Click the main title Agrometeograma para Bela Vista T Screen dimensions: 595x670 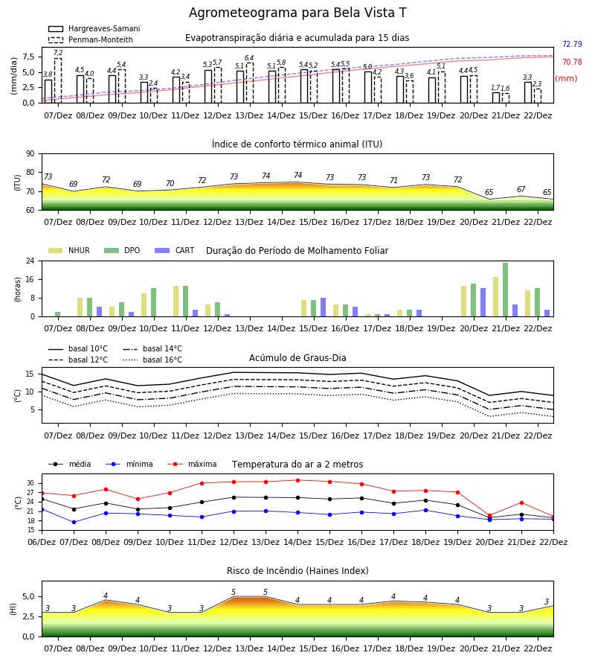297,13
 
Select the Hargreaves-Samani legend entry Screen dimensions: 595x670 94,28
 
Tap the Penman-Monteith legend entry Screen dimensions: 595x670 91,39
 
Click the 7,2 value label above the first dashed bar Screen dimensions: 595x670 58,53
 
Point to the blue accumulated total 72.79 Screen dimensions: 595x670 572,44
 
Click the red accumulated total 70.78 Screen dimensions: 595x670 572,62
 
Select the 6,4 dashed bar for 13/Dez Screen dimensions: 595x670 250,83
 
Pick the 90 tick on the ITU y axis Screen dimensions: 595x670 30,154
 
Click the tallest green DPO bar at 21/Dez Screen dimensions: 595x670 505,290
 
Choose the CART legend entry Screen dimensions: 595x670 175,250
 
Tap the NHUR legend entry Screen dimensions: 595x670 69,250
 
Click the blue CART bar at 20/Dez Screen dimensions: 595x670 483,302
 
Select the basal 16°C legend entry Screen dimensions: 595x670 152,360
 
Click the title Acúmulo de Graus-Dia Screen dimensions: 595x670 297,357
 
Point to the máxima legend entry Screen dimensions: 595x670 192,464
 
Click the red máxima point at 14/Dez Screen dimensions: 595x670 298,480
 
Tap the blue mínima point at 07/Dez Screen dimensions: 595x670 74,522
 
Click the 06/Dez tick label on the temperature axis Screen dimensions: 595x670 42,542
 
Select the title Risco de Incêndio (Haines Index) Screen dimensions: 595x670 297,570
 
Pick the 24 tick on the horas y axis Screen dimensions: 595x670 30,261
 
